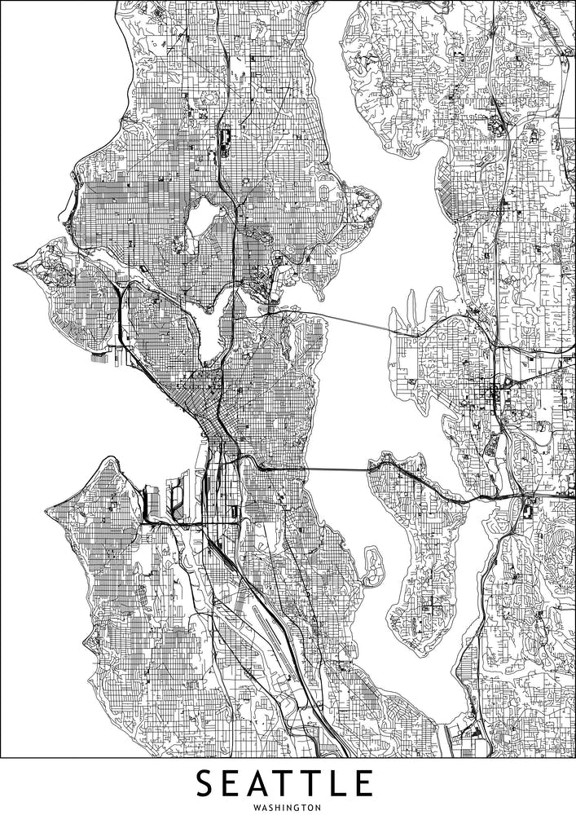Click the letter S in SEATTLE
(x=207, y=784)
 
